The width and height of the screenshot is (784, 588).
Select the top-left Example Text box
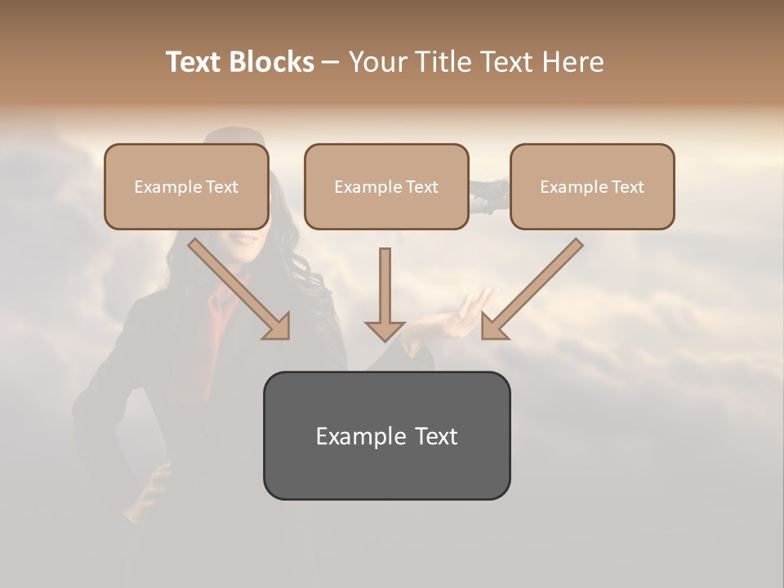[186, 186]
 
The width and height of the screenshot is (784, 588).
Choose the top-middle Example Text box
[386, 186]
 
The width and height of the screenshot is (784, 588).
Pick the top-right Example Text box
[592, 186]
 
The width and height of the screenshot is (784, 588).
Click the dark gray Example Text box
[386, 436]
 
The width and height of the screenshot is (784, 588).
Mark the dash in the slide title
[331, 63]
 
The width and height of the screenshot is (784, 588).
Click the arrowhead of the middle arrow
[385, 330]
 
